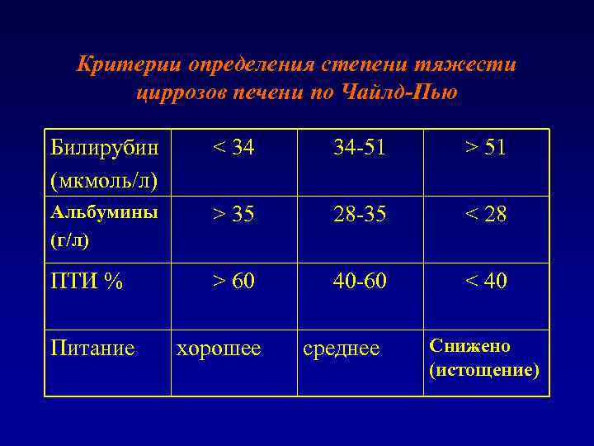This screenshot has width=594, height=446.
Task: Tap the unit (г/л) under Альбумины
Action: (x=71, y=240)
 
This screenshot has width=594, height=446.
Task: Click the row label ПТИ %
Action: (x=87, y=282)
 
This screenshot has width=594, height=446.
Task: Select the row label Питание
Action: (x=92, y=349)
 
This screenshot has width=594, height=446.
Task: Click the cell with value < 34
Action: (x=233, y=149)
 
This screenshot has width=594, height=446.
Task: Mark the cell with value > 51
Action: (x=485, y=149)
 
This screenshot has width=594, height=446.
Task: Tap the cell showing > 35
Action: (x=233, y=216)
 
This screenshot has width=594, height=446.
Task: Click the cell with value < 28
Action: (x=485, y=216)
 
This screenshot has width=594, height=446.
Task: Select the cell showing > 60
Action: (x=233, y=282)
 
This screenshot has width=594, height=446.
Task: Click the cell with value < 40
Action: (x=485, y=282)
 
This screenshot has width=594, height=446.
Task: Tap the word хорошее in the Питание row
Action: (x=219, y=349)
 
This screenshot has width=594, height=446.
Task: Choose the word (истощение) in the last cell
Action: (x=484, y=371)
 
